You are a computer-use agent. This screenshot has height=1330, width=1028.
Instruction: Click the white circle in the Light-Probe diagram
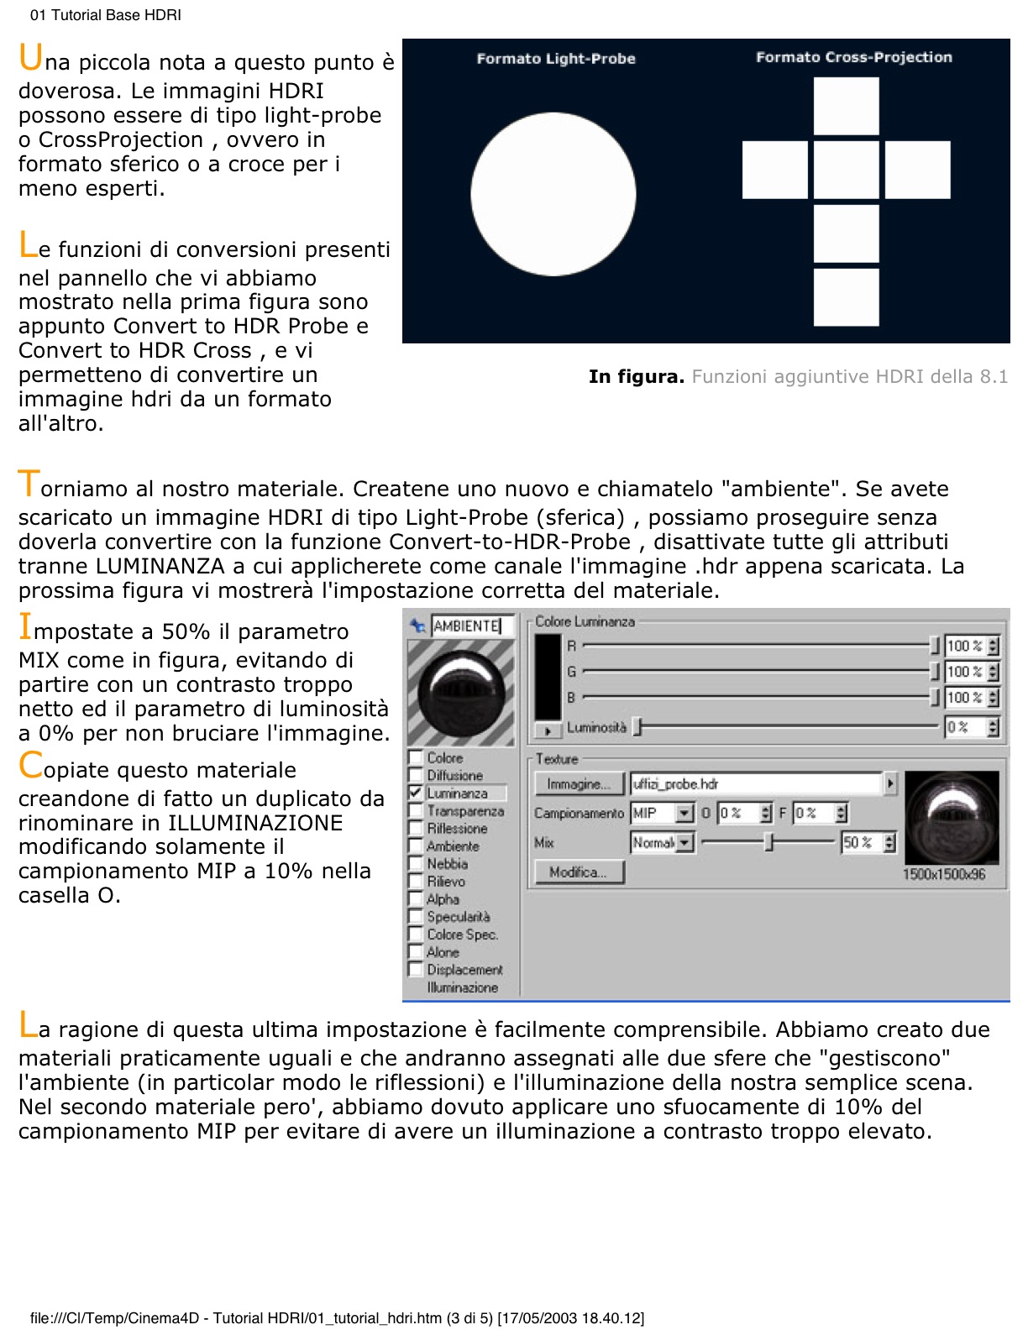click(553, 194)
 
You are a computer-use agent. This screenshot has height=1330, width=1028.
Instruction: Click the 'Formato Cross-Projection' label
click(853, 57)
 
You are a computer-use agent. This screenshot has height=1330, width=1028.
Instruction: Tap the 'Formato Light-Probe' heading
click(555, 59)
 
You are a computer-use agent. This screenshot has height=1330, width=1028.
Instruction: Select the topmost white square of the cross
click(846, 106)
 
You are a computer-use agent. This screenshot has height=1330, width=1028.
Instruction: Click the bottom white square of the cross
click(846, 296)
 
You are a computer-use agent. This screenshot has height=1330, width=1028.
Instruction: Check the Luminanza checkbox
click(415, 792)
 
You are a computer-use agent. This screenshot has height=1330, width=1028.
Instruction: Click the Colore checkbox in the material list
click(415, 757)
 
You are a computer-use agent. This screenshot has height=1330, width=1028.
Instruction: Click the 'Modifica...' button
click(579, 872)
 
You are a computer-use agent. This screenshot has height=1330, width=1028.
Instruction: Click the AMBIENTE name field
click(471, 626)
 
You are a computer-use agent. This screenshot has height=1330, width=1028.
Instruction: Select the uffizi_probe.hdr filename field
click(756, 783)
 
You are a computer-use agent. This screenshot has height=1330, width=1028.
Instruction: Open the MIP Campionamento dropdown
click(684, 813)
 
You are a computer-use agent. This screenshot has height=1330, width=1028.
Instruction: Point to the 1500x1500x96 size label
click(943, 874)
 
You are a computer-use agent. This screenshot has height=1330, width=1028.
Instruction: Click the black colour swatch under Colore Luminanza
click(548, 675)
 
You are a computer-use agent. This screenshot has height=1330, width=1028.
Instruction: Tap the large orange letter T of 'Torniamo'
click(28, 484)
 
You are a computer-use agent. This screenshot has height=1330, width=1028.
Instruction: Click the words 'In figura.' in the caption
click(636, 377)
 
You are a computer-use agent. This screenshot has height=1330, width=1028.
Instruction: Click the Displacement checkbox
click(415, 969)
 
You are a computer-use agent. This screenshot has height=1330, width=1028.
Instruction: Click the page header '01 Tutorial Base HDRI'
click(105, 15)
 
